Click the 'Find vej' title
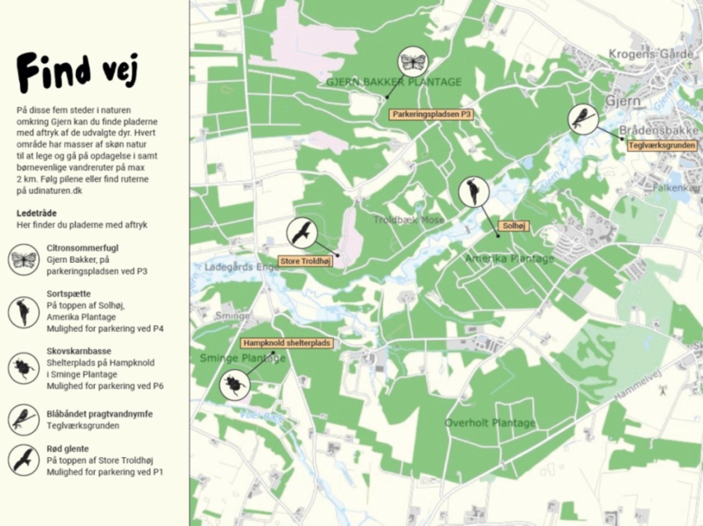point(78,71)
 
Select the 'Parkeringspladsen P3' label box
point(432,115)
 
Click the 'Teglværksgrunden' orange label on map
point(661,145)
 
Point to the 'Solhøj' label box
point(513,226)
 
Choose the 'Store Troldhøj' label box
point(306,261)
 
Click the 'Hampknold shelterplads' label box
point(287,343)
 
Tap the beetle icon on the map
point(235,385)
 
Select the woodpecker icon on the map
point(474,192)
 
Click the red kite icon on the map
point(301,232)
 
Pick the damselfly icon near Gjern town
point(582,119)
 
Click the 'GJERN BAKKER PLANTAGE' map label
point(394,82)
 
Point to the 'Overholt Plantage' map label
point(490,423)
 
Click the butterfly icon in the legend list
point(24,259)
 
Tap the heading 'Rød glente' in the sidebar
point(67,448)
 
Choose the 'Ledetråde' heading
point(37,213)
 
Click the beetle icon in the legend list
point(24,367)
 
